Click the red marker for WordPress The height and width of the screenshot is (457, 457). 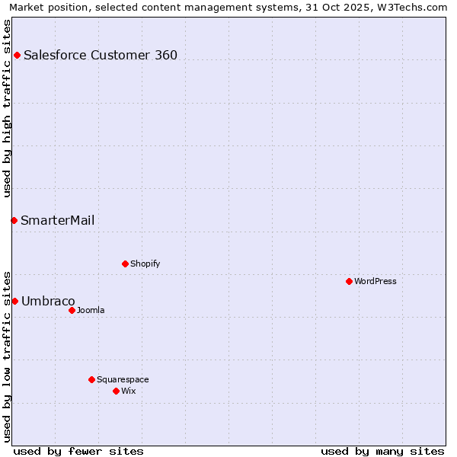click(349, 281)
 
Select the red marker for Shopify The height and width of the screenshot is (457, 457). click(125, 264)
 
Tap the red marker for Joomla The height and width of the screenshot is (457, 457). click(72, 310)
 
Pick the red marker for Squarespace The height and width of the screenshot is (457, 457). click(91, 379)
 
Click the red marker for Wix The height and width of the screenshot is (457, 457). click(116, 391)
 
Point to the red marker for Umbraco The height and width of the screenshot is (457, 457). click(14, 301)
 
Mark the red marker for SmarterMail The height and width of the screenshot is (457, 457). click(14, 220)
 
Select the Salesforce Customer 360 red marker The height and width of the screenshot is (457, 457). click(17, 55)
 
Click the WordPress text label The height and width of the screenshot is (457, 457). click(376, 281)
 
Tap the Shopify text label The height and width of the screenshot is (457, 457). click(145, 264)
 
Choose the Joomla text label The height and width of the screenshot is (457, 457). click(91, 310)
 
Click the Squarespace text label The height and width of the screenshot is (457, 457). click(123, 379)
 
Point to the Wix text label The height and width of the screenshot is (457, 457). click(129, 391)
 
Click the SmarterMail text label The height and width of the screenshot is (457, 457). click(58, 220)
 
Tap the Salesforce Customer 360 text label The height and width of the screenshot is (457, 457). click(101, 55)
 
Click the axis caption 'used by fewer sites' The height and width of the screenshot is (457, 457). click(78, 451)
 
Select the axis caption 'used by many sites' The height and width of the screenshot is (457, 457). click(382, 451)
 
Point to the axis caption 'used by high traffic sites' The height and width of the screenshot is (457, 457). click(7, 108)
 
